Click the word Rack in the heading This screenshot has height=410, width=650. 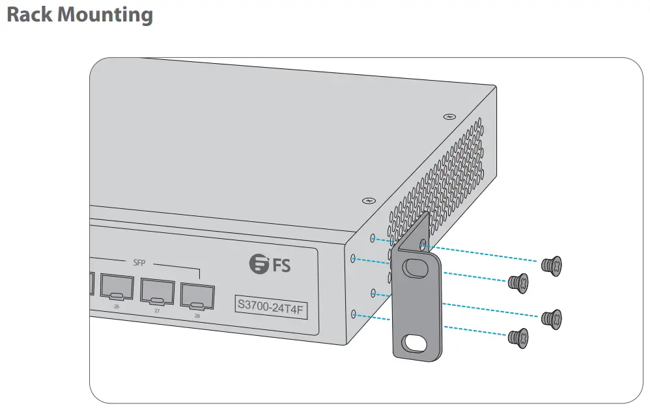click(29, 14)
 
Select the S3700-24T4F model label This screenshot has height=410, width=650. click(270, 304)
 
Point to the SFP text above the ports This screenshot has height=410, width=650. click(139, 263)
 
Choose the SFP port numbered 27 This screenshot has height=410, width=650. click(157, 292)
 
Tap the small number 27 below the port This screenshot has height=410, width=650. click(157, 311)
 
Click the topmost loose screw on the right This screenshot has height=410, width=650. click(552, 264)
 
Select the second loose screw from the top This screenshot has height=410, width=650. click(517, 281)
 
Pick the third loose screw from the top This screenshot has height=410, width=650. click(552, 318)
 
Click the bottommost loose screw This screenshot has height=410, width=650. click(517, 336)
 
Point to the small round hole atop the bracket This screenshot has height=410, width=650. click(424, 245)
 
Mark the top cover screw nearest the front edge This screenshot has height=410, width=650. click(369, 201)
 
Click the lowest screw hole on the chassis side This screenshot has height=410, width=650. click(354, 314)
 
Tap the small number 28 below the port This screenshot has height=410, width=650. click(197, 316)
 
